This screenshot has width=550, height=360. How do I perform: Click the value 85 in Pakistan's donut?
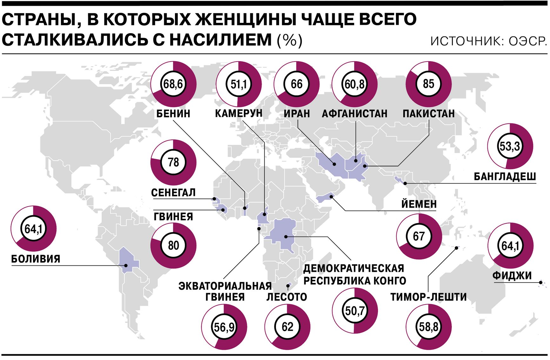coord(428,84)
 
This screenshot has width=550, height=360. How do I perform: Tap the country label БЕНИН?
coord(173,114)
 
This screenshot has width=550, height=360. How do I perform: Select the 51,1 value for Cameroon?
coord(238,84)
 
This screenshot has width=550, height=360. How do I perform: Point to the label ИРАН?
coord(297,114)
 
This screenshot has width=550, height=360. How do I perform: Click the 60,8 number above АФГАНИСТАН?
coord(354,84)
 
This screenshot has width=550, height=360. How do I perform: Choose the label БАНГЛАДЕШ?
coord(505,177)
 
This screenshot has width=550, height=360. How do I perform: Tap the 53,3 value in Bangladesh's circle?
coord(510,146)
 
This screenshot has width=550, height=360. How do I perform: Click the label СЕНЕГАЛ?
coord(173,193)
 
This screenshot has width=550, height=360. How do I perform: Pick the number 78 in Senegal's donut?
coord(173,162)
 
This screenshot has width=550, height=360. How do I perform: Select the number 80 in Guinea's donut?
coord(173,245)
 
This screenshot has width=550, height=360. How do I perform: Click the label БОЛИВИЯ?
coord(36,259)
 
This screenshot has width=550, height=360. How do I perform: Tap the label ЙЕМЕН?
coord(419,204)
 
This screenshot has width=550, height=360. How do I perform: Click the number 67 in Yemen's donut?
coord(419,236)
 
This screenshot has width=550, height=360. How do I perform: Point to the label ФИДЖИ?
coord(512,276)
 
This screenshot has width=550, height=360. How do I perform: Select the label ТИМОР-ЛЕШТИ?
coord(428,297)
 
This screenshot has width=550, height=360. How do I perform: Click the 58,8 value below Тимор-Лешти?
coord(428,327)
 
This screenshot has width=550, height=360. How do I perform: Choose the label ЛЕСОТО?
coord(287,297)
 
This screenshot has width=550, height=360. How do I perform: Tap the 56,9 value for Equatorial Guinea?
coord(224,327)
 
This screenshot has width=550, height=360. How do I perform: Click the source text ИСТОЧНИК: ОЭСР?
coord(488,41)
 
